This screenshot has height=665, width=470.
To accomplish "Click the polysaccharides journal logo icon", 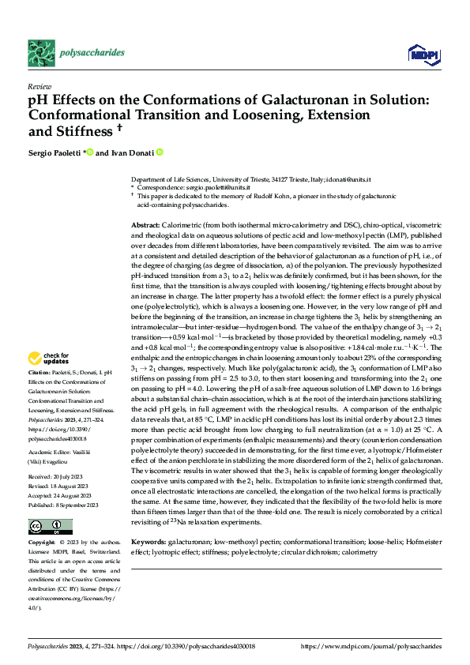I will point(41,52).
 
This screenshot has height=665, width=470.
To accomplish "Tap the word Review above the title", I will point(39,86).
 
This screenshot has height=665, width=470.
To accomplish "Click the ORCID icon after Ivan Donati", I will point(160,152).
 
